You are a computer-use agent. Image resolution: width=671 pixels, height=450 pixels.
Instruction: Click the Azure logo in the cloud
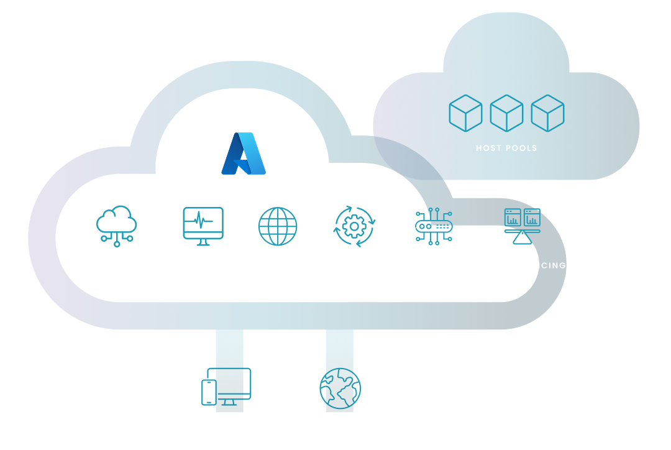pos(244,154)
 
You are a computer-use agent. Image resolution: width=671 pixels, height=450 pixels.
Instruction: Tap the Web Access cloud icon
pos(117,226)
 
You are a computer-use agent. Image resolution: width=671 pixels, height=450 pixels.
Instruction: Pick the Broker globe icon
pos(278,226)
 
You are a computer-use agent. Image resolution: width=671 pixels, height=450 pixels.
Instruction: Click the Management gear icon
pos(355,226)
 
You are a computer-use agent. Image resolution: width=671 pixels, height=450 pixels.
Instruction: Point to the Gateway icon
pos(434,226)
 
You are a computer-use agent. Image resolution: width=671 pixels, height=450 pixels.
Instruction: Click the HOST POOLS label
pos(506,148)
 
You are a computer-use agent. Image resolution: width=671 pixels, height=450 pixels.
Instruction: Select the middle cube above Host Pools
pos(506,113)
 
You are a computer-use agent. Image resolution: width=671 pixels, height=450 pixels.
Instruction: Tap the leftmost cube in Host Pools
pos(465,113)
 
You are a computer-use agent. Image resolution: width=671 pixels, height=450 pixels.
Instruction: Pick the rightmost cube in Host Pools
pos(547,113)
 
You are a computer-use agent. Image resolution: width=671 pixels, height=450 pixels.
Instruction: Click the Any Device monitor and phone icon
pos(226,387)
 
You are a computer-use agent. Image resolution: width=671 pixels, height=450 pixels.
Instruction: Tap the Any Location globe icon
pos(340,388)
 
